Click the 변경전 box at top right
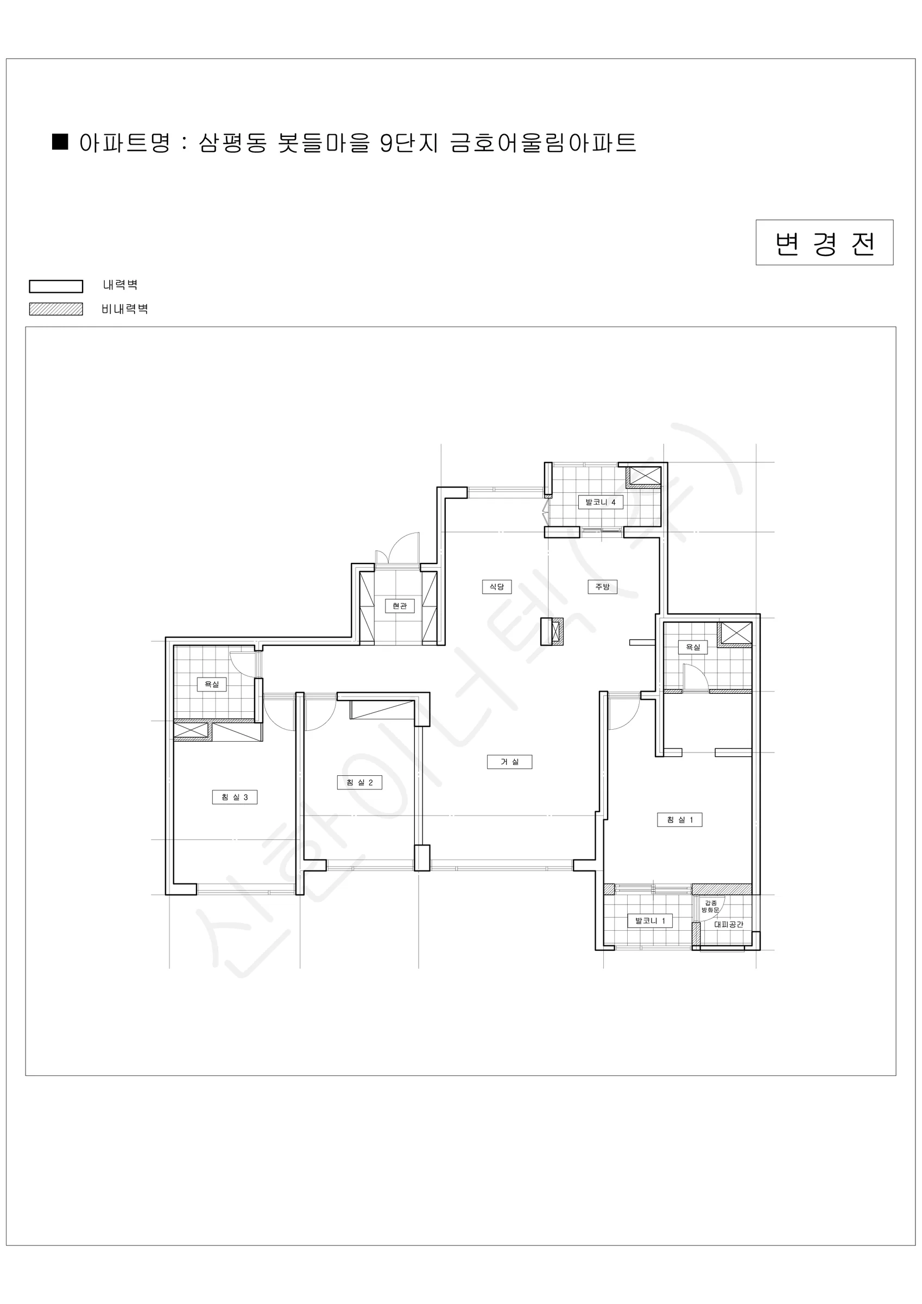[x=824, y=242]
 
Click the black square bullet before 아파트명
[x=60, y=142]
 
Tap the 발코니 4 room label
[x=601, y=502]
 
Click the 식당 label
[x=497, y=587]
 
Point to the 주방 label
[x=602, y=587]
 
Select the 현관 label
[x=400, y=606]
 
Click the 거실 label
[x=510, y=762]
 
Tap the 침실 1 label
[x=680, y=819]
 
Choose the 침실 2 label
[x=359, y=782]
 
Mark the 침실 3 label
[x=235, y=798]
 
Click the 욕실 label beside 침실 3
[x=212, y=685]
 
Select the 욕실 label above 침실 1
[x=693, y=647]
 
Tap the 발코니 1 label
[x=650, y=920]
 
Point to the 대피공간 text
[x=728, y=924]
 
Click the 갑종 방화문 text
[x=711, y=906]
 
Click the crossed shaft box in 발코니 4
[x=644, y=477]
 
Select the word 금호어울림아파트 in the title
[x=544, y=142]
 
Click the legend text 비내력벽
[x=125, y=309]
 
